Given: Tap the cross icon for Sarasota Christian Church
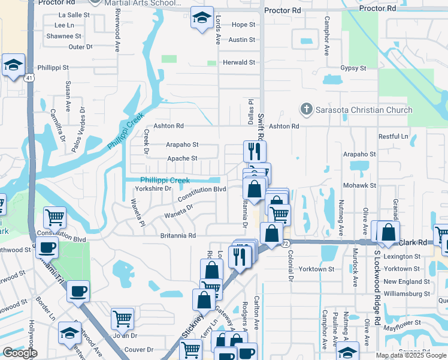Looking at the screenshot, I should (x=307, y=109).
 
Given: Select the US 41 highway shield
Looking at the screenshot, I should (x=29, y=77).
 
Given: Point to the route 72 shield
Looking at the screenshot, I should (x=286, y=243).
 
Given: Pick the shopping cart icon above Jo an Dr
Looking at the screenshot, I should (x=122, y=319).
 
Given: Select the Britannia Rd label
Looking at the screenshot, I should (x=178, y=236).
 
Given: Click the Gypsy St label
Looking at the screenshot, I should (x=353, y=68).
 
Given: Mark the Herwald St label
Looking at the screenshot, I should (x=239, y=62).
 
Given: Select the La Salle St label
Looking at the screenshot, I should (x=74, y=14).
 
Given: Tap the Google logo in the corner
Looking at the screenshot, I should (x=20, y=353).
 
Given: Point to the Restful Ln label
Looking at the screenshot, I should (x=392, y=136).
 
